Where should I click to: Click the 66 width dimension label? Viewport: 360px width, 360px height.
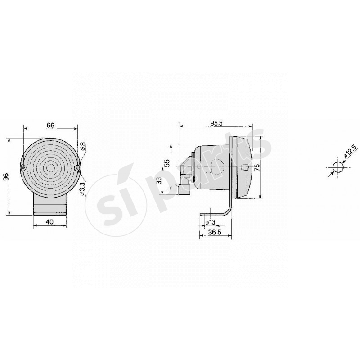[x=50, y=125]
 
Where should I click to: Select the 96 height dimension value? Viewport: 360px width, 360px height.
[x=6, y=177]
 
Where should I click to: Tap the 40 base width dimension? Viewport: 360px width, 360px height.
[x=50, y=221]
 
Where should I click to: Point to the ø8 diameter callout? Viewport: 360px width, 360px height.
[x=83, y=146]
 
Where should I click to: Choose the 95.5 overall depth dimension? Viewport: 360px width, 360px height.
[x=216, y=122]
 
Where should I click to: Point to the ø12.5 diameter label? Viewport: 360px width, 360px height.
[x=350, y=152]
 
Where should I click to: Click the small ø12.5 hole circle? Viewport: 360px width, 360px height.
[x=337, y=168]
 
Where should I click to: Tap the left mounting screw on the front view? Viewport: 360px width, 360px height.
[x=23, y=168]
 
